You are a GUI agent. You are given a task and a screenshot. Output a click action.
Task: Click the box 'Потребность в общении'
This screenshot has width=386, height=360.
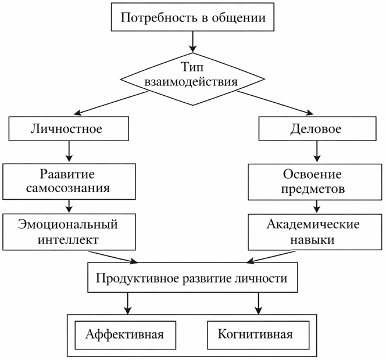[193, 17]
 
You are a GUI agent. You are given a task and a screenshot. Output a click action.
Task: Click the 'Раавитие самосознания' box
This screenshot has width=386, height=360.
[69, 181]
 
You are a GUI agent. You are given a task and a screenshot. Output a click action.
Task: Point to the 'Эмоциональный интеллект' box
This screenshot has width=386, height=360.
[69, 231]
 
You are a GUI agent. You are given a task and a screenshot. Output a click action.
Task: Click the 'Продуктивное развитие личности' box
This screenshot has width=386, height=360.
[192, 279]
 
